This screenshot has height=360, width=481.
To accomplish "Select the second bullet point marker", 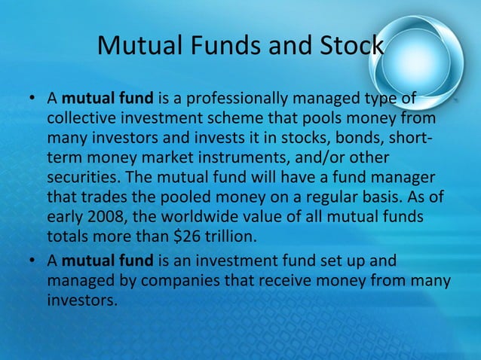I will [31, 263].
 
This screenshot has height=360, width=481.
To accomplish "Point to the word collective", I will [81, 119].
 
